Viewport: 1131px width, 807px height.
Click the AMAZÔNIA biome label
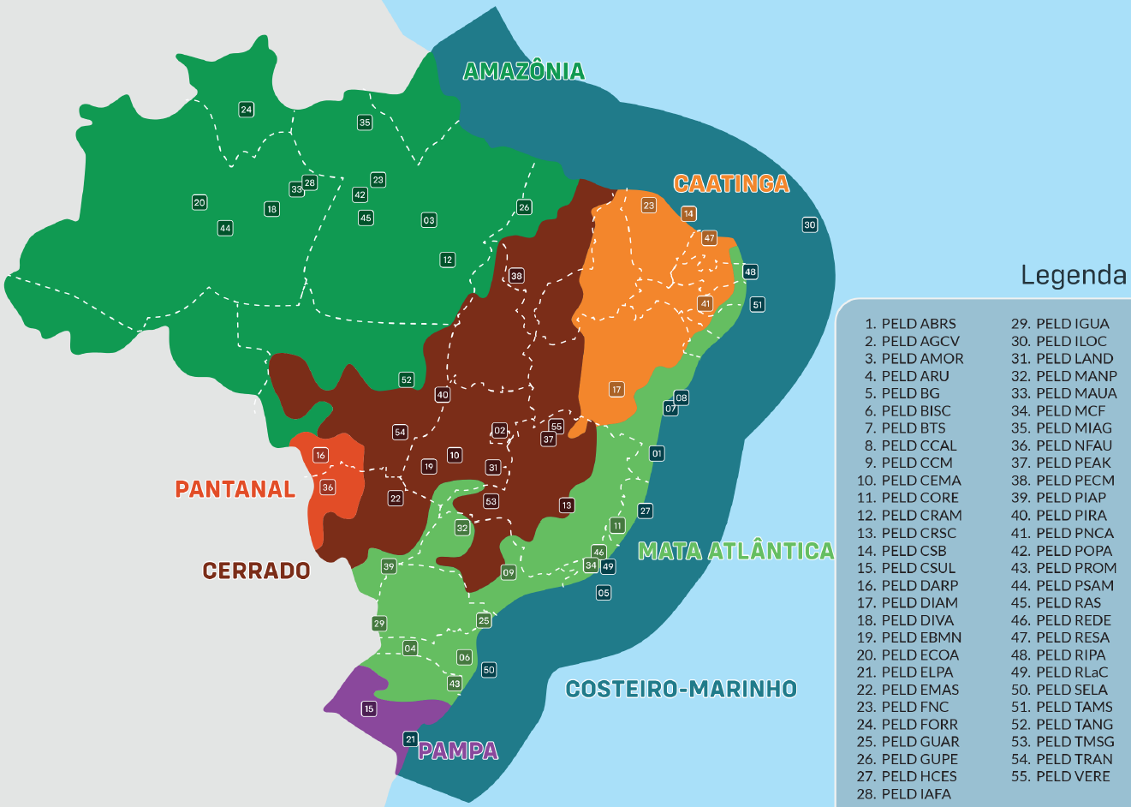pos(523,71)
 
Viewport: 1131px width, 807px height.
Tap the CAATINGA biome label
pos(731,183)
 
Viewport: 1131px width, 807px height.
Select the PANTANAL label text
pos(235,489)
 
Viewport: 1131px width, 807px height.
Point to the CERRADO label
pos(256,571)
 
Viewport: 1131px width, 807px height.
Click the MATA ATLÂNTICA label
pos(735,551)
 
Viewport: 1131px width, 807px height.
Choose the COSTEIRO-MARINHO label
pos(682,689)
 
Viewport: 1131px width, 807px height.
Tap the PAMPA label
pos(458,751)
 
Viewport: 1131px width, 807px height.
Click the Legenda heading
pos(1074,275)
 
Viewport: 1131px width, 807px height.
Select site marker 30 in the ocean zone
pos(810,225)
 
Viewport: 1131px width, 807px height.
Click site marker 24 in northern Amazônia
pos(247,110)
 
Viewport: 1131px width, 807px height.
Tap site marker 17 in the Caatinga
pos(616,390)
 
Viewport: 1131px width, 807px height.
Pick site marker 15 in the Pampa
pos(369,708)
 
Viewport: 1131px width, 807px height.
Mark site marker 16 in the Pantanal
pos(320,455)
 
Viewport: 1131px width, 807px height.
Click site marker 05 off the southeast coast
pos(604,593)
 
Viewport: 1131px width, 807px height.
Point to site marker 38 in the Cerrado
pos(516,276)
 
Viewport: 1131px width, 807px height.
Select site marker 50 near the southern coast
pos(489,670)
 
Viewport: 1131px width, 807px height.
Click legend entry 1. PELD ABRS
pos(910,324)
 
